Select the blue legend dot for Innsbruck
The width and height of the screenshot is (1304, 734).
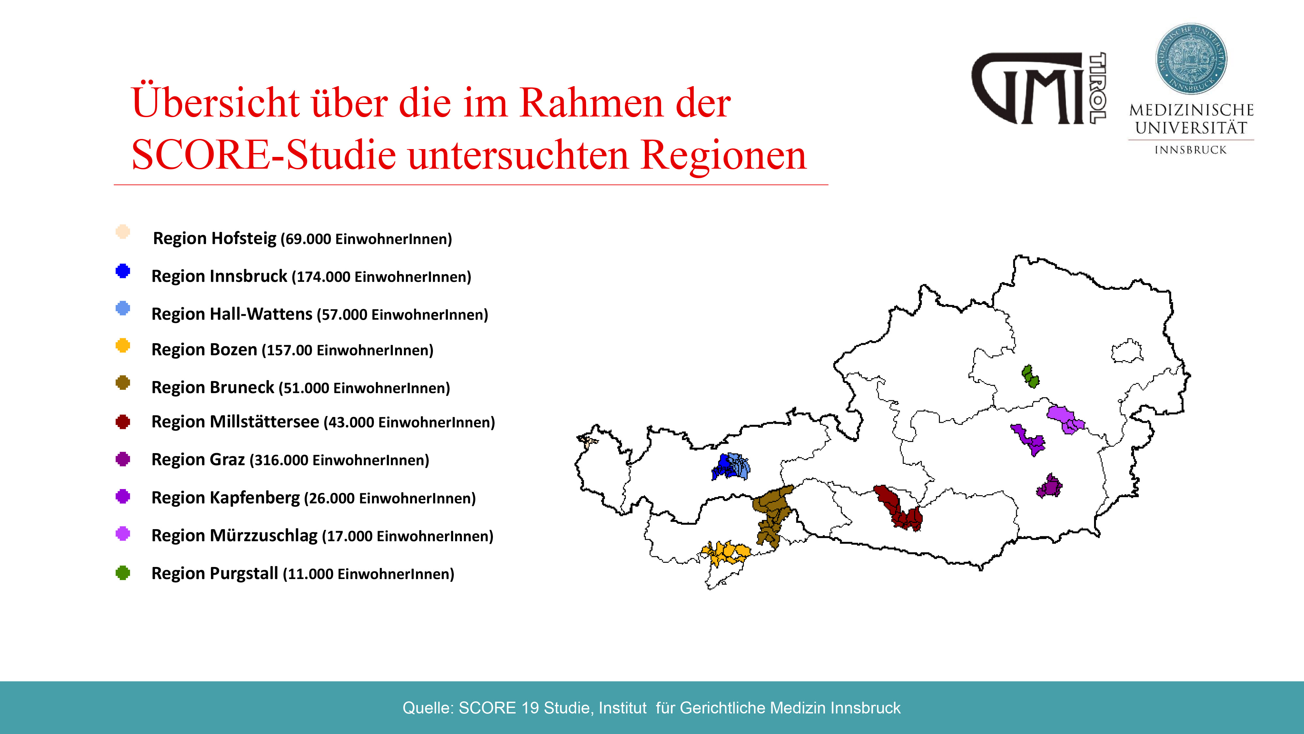point(123,271)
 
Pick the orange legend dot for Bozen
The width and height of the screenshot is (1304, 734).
point(123,345)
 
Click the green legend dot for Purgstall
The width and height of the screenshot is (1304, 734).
point(123,573)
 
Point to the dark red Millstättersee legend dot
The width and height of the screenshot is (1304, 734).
point(123,421)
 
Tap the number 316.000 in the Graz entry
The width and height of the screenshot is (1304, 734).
point(281,460)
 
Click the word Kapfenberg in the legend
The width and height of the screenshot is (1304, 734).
point(255,498)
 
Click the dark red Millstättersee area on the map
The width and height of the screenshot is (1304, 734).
point(900,510)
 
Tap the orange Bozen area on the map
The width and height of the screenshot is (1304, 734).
point(725,553)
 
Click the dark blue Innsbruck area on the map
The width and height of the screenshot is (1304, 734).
point(723,466)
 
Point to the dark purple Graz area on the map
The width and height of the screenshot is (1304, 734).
point(1049,486)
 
